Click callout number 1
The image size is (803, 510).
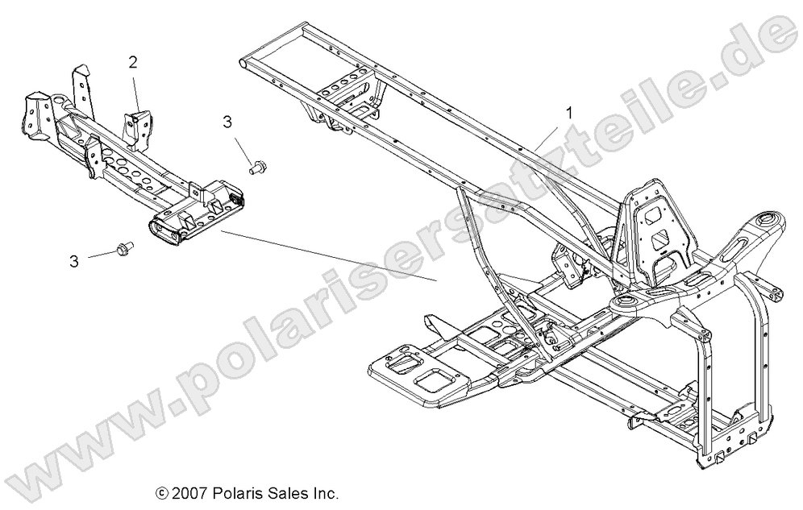coord(570,113)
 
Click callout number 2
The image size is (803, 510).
coord(133,61)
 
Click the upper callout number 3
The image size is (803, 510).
coord(227,122)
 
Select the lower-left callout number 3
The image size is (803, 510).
coord(74,261)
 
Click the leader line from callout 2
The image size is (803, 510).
coord(135,89)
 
